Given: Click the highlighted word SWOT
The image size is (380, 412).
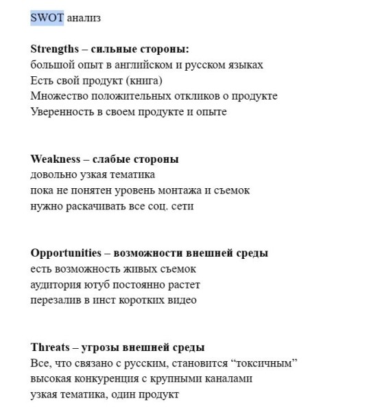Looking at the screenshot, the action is (47, 18).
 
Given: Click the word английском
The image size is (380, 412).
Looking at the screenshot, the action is (141, 65).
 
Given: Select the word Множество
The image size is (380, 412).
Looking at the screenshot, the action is (57, 96).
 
